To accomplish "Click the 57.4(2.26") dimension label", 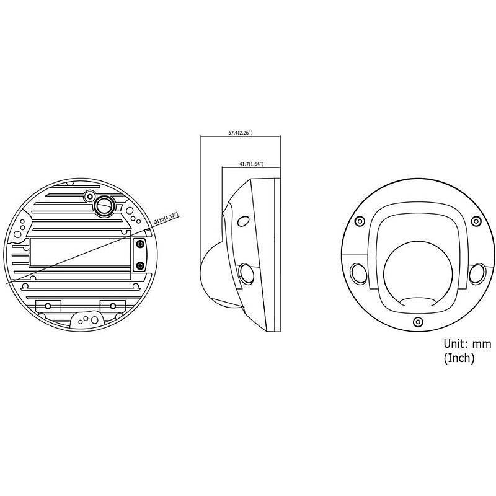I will tap(239, 133).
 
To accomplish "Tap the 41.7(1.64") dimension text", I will tap(251, 164).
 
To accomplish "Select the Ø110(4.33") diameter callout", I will tap(165, 219).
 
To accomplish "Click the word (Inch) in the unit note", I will tap(459, 358).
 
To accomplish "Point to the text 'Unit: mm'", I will tap(467, 343).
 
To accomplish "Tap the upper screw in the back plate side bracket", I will tap(141, 245).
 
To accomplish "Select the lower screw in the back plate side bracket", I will tap(141, 265).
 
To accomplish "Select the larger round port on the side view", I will tap(246, 273).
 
